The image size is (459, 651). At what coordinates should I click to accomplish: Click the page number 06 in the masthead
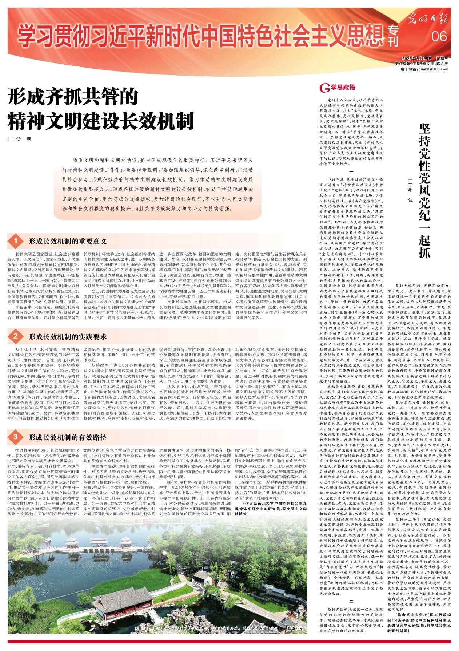pyautogui.click(x=439, y=37)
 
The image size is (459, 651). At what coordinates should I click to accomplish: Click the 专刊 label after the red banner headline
pyautogui.click(x=392, y=36)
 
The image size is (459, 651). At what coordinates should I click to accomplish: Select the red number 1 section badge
pyautogui.click(x=16, y=241)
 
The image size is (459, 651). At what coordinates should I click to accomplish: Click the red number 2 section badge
pyautogui.click(x=16, y=336)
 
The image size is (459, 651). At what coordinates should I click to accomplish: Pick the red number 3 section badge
pyautogui.click(x=16, y=437)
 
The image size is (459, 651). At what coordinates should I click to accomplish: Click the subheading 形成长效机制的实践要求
pyautogui.click(x=68, y=337)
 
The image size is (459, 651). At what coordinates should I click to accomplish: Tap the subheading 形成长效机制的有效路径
pyautogui.click(x=68, y=437)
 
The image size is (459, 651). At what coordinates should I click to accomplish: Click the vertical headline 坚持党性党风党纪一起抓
pyautogui.click(x=424, y=191)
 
